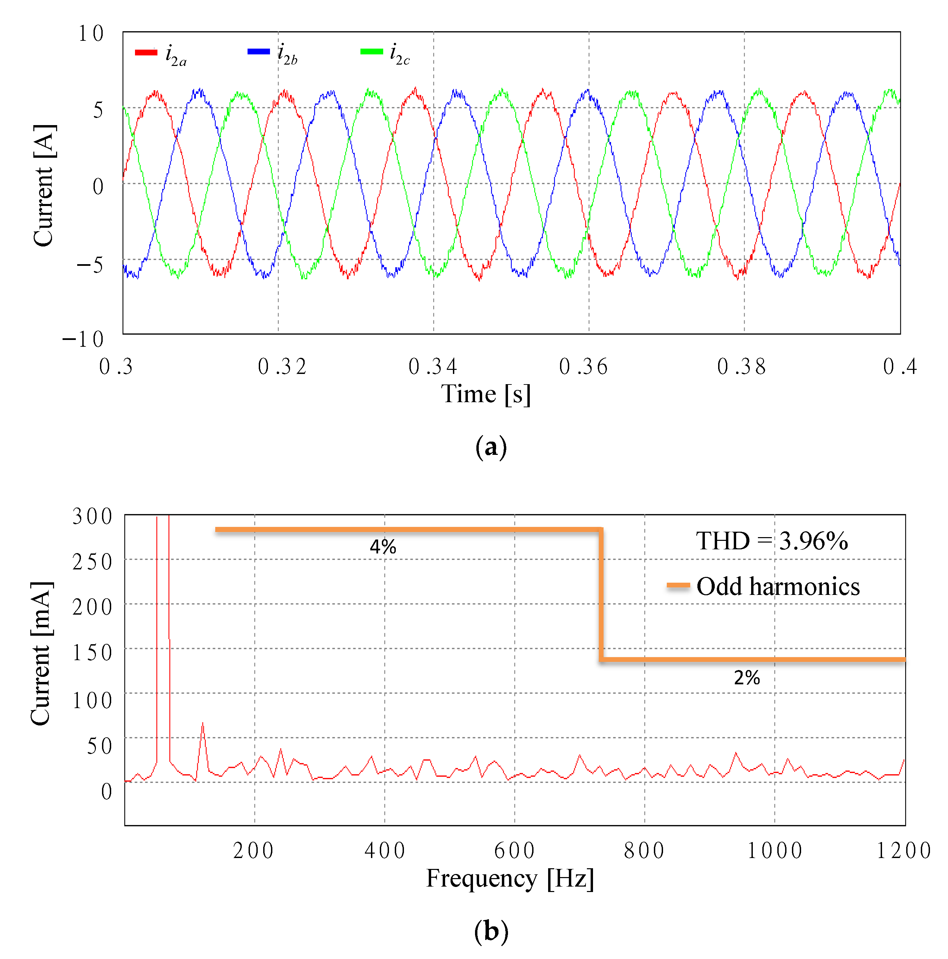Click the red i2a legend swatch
point(146,52)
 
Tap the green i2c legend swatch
point(371,51)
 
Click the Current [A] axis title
point(44,185)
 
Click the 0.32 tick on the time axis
point(282,367)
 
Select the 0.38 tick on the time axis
point(741,367)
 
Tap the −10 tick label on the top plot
point(83,340)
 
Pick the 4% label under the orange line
point(383,547)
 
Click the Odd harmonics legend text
point(778,587)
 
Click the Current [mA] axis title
point(41,654)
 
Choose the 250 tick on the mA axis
point(92,562)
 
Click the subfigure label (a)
point(491,447)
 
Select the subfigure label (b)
point(491,931)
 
